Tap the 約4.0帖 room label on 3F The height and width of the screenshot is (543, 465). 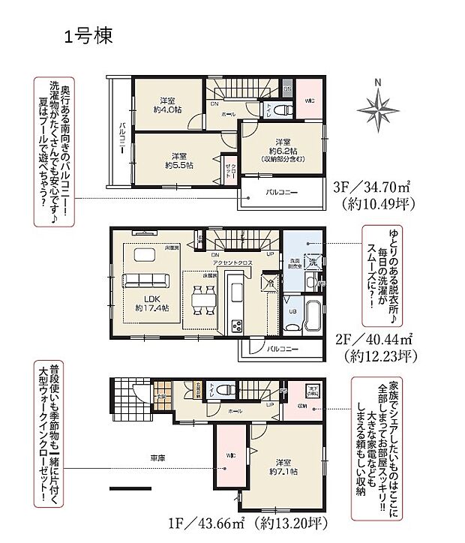pos(167,106)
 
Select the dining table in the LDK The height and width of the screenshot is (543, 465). pos(200,301)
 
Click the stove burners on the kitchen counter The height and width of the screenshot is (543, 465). pos(236,325)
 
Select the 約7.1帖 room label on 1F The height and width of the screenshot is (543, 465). pos(282,466)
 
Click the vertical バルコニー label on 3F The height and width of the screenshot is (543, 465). pos(120,139)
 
